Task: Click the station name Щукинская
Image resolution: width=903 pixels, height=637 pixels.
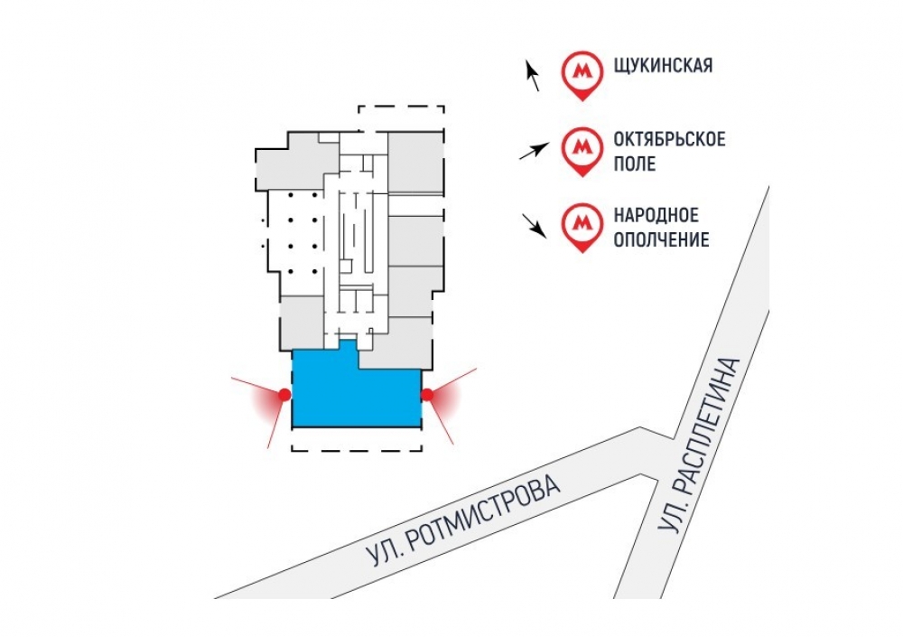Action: click(x=663, y=65)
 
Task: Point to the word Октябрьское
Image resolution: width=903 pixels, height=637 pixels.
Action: click(x=669, y=139)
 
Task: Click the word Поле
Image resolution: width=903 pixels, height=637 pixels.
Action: click(x=635, y=164)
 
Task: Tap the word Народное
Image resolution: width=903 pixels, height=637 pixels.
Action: click(x=656, y=216)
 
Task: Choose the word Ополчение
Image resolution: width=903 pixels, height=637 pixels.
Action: click(x=661, y=239)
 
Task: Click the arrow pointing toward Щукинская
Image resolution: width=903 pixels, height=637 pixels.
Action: click(x=532, y=76)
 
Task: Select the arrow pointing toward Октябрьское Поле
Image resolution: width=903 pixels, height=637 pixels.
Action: click(x=534, y=151)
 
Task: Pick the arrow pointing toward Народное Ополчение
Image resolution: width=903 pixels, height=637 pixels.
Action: click(x=534, y=225)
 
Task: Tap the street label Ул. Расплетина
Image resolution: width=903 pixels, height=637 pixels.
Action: click(x=699, y=445)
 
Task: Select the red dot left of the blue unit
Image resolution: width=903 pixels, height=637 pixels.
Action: click(x=284, y=395)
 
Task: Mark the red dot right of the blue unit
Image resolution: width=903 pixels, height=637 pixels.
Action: click(x=427, y=395)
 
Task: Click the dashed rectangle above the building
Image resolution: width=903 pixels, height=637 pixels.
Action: click(x=402, y=118)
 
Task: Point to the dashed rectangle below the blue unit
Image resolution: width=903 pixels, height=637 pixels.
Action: click(x=357, y=439)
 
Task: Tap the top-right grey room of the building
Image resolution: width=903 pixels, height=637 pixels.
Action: click(x=415, y=163)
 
